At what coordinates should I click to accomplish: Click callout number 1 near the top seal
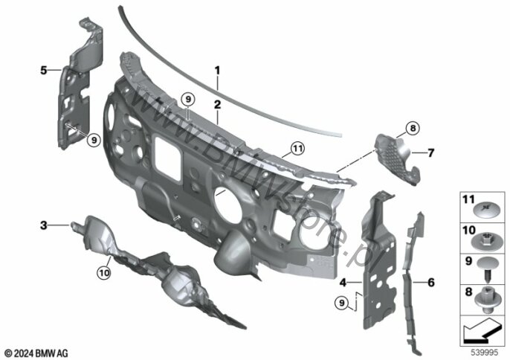click(217, 71)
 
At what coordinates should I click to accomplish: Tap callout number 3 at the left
click(43, 224)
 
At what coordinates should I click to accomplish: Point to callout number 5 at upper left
click(44, 70)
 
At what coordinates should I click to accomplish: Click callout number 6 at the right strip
click(430, 283)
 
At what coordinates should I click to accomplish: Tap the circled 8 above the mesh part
click(413, 129)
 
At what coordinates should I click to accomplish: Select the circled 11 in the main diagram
click(297, 149)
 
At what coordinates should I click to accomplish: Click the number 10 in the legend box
click(469, 232)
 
